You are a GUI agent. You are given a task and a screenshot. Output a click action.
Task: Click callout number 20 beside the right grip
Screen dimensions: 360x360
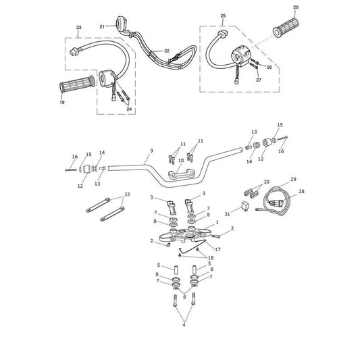[x=296, y=7]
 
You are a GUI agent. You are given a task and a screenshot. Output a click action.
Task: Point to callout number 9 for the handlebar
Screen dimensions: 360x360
[x=151, y=151]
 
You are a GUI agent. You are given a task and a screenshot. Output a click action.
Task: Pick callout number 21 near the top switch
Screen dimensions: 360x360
[x=102, y=26]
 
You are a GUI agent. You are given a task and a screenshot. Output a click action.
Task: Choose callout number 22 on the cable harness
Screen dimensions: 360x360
[x=167, y=51]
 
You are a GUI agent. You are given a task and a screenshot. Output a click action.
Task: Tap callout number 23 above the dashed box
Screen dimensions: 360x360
[x=79, y=28]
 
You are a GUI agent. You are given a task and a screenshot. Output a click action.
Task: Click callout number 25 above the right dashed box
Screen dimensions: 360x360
[x=223, y=16]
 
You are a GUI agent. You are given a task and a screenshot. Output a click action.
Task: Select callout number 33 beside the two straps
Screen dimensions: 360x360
[x=127, y=195]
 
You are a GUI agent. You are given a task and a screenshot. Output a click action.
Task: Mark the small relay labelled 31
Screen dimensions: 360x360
[x=245, y=206]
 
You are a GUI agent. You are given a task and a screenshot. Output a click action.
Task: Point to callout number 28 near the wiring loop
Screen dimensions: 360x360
[x=301, y=191]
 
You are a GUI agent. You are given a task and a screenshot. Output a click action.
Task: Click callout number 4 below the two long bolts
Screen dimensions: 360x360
[x=184, y=325]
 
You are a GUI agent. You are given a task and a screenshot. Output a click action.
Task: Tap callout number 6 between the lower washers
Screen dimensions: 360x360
[x=184, y=297]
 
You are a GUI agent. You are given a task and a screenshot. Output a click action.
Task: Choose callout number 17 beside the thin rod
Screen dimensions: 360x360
[x=217, y=249]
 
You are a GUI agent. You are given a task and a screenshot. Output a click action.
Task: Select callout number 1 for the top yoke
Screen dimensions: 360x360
[x=217, y=222]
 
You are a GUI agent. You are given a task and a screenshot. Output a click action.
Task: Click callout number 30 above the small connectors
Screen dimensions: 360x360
[x=266, y=182]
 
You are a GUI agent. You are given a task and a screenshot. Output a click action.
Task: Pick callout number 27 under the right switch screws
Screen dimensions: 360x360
[x=259, y=80]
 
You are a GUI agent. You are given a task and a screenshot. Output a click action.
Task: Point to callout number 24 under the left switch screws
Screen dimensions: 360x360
[x=129, y=109]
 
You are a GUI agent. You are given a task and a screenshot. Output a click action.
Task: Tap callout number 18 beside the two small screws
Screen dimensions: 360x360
[x=211, y=258]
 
